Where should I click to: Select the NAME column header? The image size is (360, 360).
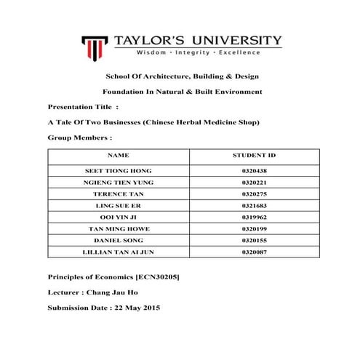118,155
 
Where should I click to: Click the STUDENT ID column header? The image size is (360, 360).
254,155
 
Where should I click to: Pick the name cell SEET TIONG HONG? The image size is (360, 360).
118,169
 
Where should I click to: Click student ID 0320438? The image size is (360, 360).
254,169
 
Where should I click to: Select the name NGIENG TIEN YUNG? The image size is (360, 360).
118,181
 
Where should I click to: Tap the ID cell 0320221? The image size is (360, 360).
254,181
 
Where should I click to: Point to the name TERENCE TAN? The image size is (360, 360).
118,193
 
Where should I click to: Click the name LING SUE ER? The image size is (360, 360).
118,204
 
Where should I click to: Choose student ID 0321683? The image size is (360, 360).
254,204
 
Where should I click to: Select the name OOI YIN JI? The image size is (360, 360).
118,216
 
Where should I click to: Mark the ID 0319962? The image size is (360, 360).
254,216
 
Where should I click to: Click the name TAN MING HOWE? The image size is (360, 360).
118,228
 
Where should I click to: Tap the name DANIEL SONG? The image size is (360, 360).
118,239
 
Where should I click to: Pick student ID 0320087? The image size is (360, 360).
254,251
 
